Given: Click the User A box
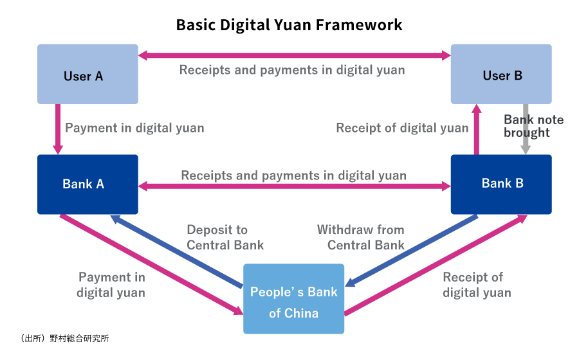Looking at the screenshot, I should [x=87, y=74].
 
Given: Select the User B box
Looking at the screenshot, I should [x=501, y=74].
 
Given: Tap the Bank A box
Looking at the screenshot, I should [x=87, y=184].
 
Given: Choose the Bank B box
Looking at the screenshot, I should [x=501, y=184].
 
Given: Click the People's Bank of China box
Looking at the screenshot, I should [x=293, y=299].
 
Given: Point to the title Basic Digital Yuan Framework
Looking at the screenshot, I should [x=289, y=25].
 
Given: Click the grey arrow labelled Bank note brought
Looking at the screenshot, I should [x=526, y=129].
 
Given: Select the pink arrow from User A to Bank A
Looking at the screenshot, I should [x=58, y=129].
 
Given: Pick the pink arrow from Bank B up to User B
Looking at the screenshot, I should [x=477, y=129].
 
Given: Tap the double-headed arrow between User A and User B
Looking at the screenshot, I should [x=294, y=56].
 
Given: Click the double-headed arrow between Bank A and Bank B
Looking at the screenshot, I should [x=294, y=186].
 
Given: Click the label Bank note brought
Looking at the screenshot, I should [x=533, y=126].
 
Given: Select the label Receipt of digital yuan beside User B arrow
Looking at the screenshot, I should [x=402, y=128].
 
